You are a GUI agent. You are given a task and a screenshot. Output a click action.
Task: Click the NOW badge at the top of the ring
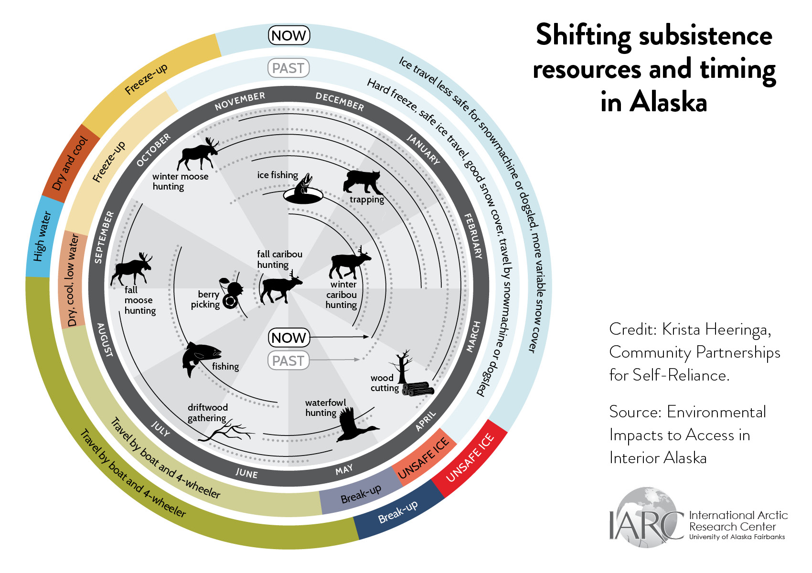[x=289, y=35]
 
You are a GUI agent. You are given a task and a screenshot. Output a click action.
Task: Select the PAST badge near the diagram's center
[x=288, y=361]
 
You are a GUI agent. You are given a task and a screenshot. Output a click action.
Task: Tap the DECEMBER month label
[x=340, y=102]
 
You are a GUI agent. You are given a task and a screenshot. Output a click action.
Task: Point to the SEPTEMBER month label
[x=104, y=237]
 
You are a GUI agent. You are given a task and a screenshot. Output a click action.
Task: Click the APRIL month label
[x=426, y=421]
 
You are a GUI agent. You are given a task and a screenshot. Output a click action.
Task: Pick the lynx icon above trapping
[x=363, y=181]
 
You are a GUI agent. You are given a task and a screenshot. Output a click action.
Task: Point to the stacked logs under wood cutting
[x=417, y=389]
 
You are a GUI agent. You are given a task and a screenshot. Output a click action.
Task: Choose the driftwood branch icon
[x=226, y=432]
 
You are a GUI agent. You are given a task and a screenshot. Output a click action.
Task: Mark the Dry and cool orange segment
[x=70, y=163]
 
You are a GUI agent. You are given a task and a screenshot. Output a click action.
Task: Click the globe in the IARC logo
[x=647, y=517]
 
